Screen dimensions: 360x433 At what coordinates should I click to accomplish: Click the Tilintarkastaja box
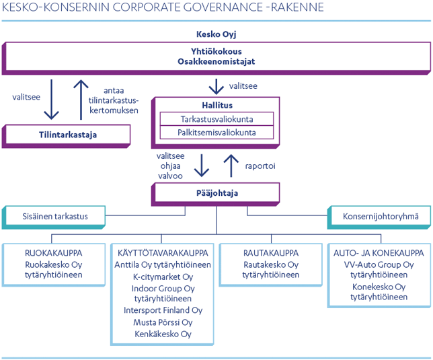click(67, 135)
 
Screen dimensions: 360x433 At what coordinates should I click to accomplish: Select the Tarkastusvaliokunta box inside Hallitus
click(217, 118)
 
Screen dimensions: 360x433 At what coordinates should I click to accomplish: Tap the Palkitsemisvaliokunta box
click(217, 133)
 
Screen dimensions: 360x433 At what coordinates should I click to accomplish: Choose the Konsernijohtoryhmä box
click(380, 216)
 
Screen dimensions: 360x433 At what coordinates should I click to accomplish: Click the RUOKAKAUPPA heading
click(53, 253)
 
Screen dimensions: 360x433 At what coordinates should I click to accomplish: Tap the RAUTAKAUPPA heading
click(270, 253)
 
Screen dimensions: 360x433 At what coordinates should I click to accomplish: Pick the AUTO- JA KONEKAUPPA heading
click(379, 253)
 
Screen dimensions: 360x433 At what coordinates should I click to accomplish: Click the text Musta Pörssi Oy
click(163, 322)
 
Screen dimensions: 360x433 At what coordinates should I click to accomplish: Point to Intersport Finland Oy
click(163, 311)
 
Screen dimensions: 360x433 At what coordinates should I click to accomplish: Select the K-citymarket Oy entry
click(163, 277)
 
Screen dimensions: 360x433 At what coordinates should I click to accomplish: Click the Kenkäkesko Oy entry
click(163, 334)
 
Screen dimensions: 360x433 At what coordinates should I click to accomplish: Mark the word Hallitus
click(216, 106)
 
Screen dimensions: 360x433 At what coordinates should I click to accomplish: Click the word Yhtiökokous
click(216, 50)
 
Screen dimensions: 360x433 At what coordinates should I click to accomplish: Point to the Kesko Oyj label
click(216, 34)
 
